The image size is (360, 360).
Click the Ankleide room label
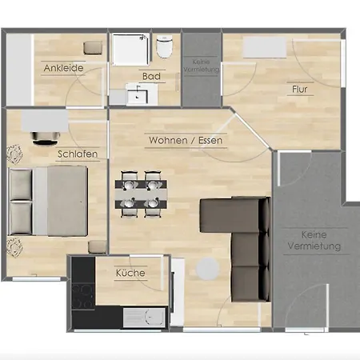tap(63, 68)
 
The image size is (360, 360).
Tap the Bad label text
tap(151, 76)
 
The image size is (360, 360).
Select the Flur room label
tap(300, 89)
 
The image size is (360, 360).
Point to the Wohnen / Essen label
tap(186, 140)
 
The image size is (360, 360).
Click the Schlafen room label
tap(78, 154)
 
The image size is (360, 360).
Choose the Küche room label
tap(130, 273)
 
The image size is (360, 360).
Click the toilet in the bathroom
tap(165, 46)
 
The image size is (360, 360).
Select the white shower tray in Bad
tap(130, 50)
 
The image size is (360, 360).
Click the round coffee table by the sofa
tap(208, 269)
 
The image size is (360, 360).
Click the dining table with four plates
tap(141, 194)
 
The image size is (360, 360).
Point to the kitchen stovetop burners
tap(83, 296)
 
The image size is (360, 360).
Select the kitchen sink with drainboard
tap(144, 318)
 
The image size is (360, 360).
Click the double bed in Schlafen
tap(48, 202)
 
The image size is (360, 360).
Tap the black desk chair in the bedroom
tap(46, 138)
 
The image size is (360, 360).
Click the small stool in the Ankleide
tap(93, 48)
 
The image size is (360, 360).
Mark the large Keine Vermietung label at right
tap(314, 240)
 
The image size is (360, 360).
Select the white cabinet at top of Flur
tap(265, 47)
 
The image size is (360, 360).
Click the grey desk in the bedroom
tap(45, 121)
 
